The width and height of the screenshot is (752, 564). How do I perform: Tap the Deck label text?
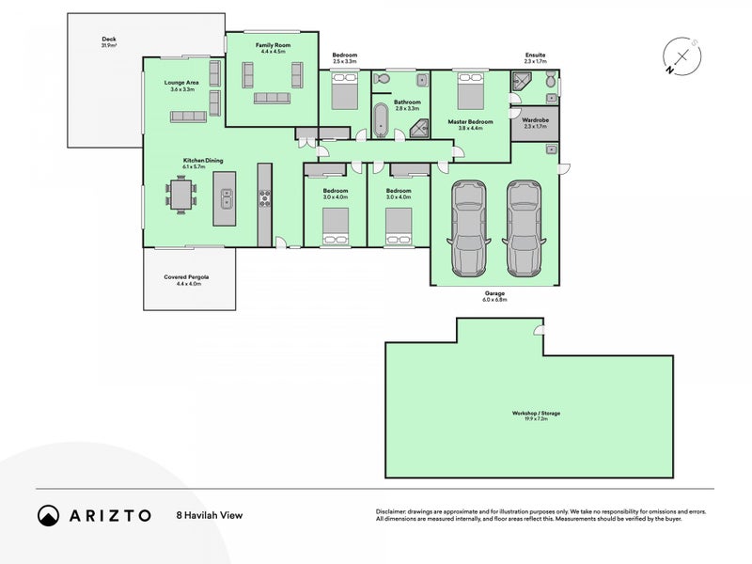tap(108, 39)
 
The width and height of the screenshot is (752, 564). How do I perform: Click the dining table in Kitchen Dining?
tap(185, 196)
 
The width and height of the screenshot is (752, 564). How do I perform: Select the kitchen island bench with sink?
tap(226, 196)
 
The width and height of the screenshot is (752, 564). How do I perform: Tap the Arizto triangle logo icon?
tap(48, 515)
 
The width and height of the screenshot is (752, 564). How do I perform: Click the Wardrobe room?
tap(534, 126)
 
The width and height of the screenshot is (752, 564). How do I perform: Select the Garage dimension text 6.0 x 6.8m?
tap(494, 300)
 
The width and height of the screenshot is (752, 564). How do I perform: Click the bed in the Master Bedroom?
tap(470, 93)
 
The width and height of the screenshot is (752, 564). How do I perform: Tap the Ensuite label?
tap(536, 55)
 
